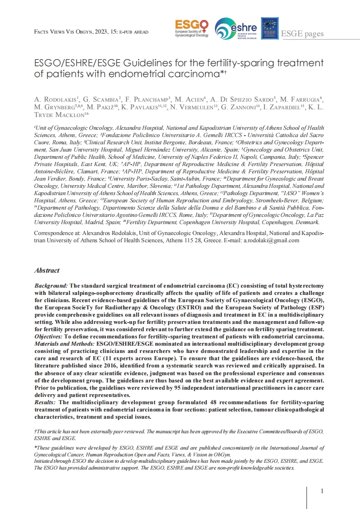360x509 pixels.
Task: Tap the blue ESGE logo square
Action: (270, 28)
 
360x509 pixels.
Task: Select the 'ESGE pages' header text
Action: (302, 34)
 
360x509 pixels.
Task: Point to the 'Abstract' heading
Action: (47, 270)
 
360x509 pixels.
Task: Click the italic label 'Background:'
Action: (51, 286)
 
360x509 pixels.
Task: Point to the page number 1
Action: (322, 491)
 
